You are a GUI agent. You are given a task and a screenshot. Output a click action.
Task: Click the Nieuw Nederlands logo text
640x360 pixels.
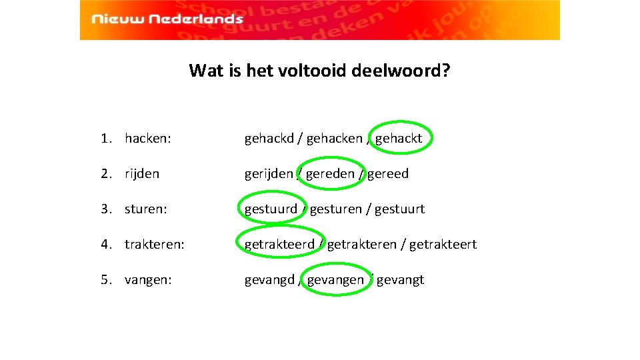167,19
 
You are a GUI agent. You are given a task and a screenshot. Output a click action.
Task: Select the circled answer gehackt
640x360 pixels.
399,139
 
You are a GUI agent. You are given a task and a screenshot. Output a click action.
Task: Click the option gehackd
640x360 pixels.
269,139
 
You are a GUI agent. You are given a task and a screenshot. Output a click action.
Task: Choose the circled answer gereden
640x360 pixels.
330,174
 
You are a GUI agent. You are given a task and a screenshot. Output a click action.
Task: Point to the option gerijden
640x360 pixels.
268,174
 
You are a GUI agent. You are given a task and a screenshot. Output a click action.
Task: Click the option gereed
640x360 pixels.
388,174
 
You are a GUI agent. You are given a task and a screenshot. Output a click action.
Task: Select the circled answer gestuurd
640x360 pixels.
271,209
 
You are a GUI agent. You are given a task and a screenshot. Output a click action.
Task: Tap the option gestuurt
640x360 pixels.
399,209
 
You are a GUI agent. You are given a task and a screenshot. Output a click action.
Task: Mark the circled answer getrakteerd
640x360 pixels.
279,245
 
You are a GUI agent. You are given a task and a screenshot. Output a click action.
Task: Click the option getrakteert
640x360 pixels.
443,245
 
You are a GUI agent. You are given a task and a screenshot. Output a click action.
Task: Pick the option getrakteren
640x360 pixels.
361,245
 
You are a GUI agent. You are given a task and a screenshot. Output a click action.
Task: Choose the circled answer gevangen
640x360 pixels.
335,280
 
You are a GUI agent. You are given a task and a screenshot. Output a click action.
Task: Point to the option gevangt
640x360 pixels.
400,280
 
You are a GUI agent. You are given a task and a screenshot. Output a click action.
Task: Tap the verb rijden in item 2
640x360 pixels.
142,174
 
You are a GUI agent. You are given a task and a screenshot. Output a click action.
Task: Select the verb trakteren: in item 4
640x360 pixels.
155,245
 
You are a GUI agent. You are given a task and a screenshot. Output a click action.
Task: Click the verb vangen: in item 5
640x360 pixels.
148,280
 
